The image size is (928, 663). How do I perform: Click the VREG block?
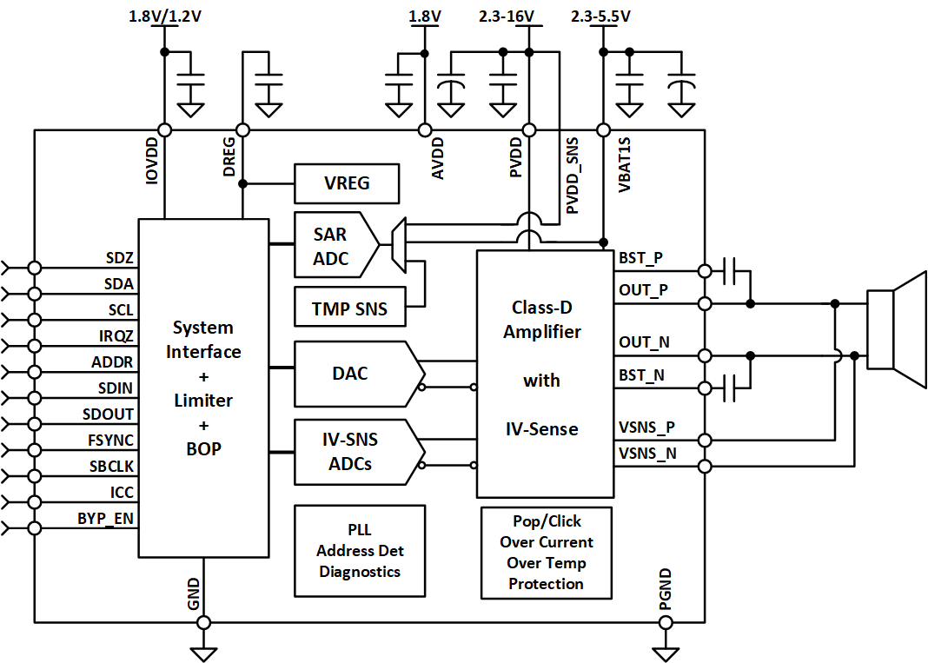click(x=347, y=184)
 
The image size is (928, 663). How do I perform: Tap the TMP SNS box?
click(x=349, y=308)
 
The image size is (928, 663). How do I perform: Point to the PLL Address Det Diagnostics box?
click(x=360, y=550)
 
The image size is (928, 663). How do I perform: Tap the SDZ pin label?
click(x=120, y=257)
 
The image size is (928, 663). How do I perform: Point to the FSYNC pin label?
click(x=110, y=441)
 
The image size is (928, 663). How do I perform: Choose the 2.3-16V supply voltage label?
click(x=507, y=17)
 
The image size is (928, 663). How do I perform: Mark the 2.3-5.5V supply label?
click(x=601, y=17)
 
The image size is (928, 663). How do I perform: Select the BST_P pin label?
click(x=640, y=258)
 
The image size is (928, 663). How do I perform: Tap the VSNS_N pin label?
click(x=646, y=453)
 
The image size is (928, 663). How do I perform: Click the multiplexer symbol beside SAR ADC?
click(x=399, y=244)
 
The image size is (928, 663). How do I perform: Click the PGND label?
click(x=665, y=588)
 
